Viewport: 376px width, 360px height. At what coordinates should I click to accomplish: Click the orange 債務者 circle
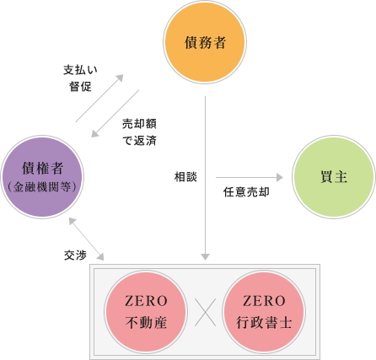[x=205, y=40]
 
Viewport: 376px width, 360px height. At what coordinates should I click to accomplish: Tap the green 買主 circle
[x=333, y=176]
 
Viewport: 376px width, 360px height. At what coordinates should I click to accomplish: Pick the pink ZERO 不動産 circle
[x=146, y=311]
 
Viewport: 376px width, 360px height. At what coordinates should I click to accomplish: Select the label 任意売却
[x=245, y=192]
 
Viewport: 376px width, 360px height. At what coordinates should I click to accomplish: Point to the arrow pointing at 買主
[x=250, y=178]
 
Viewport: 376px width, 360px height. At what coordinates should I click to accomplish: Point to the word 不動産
[x=146, y=320]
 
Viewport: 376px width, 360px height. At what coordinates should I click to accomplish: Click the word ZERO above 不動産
[x=146, y=301]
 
